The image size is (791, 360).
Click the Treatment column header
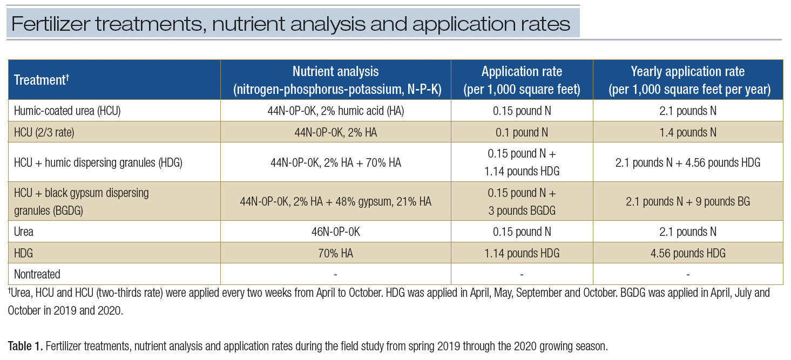[41, 80]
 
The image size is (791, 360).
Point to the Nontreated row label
[37, 274]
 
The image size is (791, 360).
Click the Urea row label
[24, 232]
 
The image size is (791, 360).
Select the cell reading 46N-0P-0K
[335, 232]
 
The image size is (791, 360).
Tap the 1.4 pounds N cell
[687, 132]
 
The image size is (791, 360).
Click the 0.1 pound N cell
[522, 132]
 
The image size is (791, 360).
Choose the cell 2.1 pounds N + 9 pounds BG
[687, 201]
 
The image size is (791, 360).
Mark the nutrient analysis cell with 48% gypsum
[335, 201]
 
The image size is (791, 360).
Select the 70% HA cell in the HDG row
[335, 253]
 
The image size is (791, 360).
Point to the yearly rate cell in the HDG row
[687, 253]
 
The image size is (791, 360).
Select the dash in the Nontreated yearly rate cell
[687, 275]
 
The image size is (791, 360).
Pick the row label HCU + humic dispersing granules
[98, 162]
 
